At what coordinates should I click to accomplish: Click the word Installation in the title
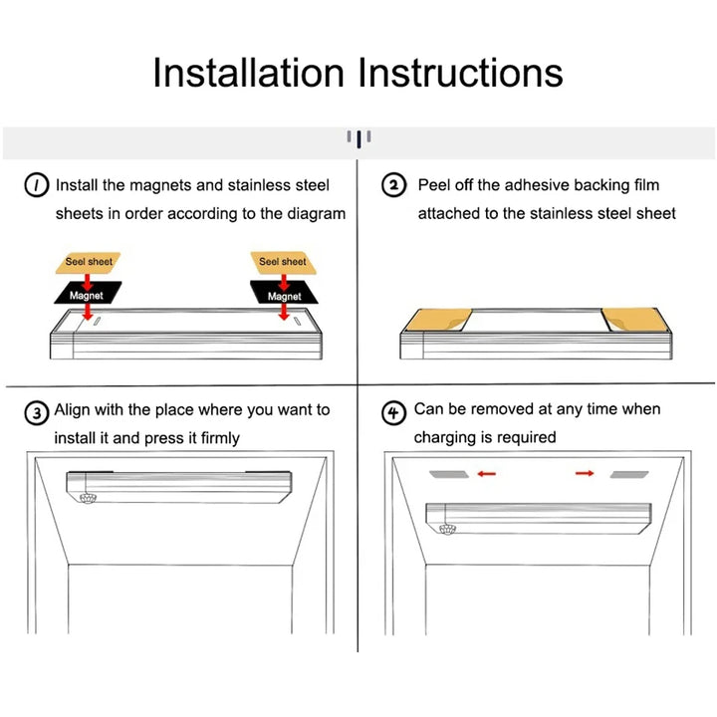tap(248, 73)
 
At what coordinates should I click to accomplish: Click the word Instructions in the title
tap(460, 73)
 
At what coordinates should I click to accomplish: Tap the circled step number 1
tap(36, 185)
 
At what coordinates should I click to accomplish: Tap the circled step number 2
tap(393, 185)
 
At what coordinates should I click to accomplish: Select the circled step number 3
tap(36, 413)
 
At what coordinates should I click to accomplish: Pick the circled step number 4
tap(393, 413)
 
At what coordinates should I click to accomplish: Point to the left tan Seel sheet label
tap(88, 263)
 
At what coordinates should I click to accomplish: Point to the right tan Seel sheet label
tap(284, 263)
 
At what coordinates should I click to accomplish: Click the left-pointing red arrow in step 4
tap(487, 474)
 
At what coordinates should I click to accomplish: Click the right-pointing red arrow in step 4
tap(585, 473)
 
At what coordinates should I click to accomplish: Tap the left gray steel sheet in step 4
tap(449, 474)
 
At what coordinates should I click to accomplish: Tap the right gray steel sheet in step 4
tap(629, 475)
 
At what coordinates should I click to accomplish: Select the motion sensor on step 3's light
tap(88, 498)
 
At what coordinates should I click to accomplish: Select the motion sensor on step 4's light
tap(447, 530)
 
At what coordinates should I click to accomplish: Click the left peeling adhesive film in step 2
tap(438, 320)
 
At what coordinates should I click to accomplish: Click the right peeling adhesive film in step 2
tap(634, 320)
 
